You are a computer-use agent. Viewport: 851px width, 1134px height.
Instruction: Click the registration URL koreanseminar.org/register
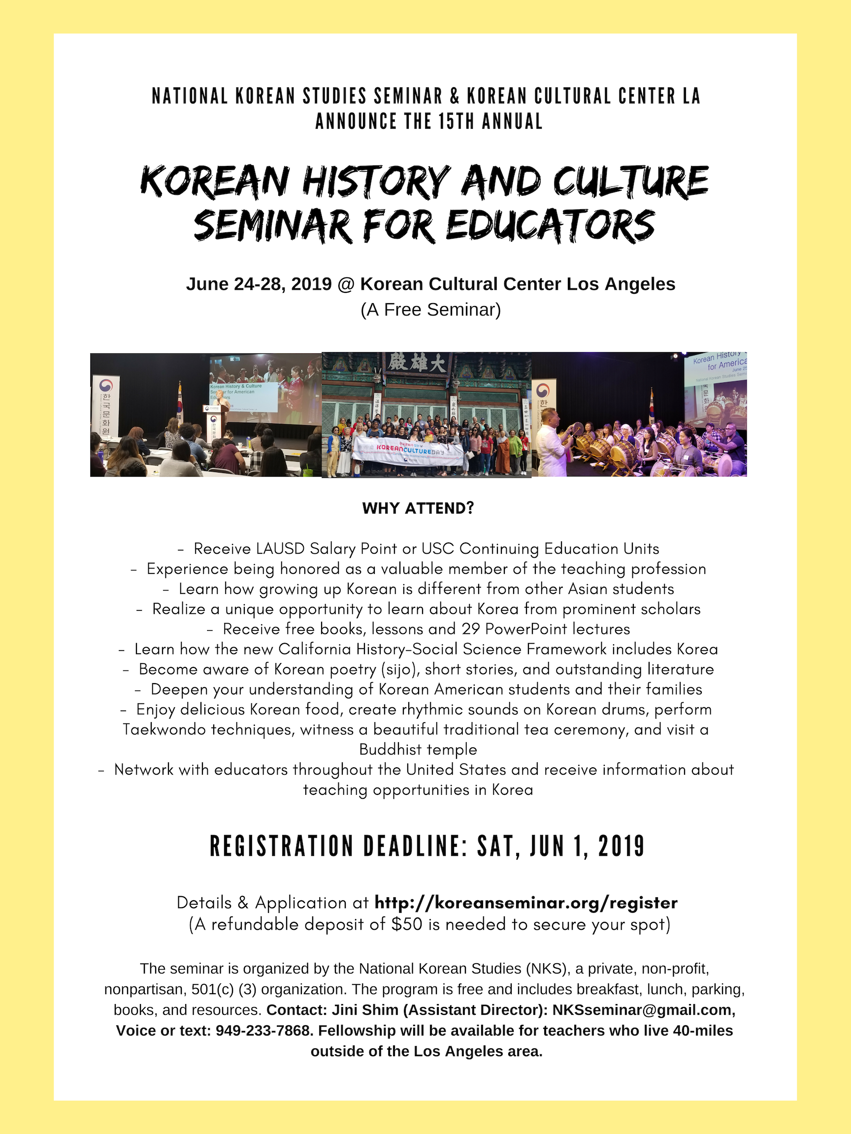click(526, 903)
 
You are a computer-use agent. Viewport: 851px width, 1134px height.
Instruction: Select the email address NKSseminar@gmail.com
click(643, 1010)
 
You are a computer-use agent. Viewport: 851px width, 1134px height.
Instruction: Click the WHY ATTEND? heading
click(418, 508)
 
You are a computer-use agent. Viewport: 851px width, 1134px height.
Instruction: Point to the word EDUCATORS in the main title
click(551, 226)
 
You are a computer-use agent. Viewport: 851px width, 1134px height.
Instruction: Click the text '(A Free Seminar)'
click(430, 310)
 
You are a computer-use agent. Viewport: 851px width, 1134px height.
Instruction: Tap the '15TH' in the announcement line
click(456, 122)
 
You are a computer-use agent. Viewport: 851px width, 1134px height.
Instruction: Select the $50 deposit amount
click(407, 924)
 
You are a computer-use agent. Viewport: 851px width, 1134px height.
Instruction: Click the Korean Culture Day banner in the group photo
click(410, 450)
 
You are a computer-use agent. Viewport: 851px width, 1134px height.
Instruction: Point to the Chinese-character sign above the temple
click(417, 363)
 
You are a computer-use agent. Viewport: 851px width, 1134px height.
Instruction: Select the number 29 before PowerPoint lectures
click(470, 629)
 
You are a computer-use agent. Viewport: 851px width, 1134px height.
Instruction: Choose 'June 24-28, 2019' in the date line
click(259, 284)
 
